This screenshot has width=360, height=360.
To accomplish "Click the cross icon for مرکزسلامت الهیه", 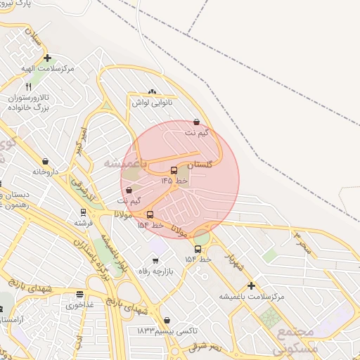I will coord(47,58).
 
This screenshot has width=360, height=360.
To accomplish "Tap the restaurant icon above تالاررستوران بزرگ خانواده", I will coord(29,86).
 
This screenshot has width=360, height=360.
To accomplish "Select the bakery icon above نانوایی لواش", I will coord(153,92).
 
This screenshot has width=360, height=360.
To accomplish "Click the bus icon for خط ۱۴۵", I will coord(174,170).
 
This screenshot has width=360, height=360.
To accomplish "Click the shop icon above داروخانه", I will coord(46,161).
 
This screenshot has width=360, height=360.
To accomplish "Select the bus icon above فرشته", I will coord(83,212).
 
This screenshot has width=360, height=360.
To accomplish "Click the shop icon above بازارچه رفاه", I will coord(155,262).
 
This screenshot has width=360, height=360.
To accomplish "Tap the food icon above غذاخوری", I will coord(79,295).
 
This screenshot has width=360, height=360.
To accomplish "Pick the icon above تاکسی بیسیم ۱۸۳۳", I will coord(167,320).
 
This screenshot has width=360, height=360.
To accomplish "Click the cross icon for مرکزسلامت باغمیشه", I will coord(251,285).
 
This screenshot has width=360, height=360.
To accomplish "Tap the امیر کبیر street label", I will coord(82,137).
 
